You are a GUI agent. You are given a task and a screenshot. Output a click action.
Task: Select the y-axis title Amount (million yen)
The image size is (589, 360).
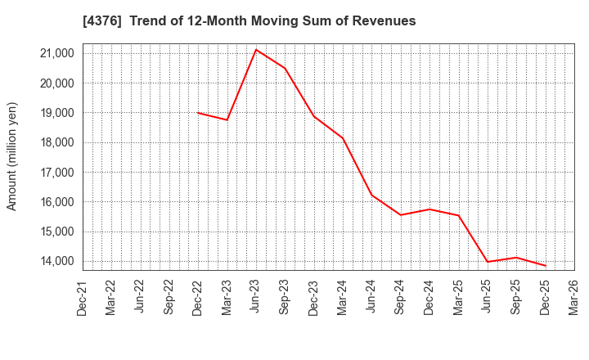point(12,156)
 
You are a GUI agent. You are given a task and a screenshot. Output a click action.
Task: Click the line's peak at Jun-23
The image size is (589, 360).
point(256,50)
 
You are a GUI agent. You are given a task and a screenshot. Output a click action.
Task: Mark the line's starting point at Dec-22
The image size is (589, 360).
point(198,113)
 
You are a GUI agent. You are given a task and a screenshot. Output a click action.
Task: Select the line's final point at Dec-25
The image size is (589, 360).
point(546,266)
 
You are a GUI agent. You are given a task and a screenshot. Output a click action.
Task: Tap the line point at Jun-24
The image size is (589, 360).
point(371,195)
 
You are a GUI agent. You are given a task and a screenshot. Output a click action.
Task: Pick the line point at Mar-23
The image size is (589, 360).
point(227,120)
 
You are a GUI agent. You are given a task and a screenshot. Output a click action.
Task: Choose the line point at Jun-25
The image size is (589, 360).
point(488,262)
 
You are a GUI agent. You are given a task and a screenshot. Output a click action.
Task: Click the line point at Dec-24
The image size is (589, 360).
point(429,209)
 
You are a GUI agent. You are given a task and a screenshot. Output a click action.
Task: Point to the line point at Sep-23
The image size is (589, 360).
point(285,68)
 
